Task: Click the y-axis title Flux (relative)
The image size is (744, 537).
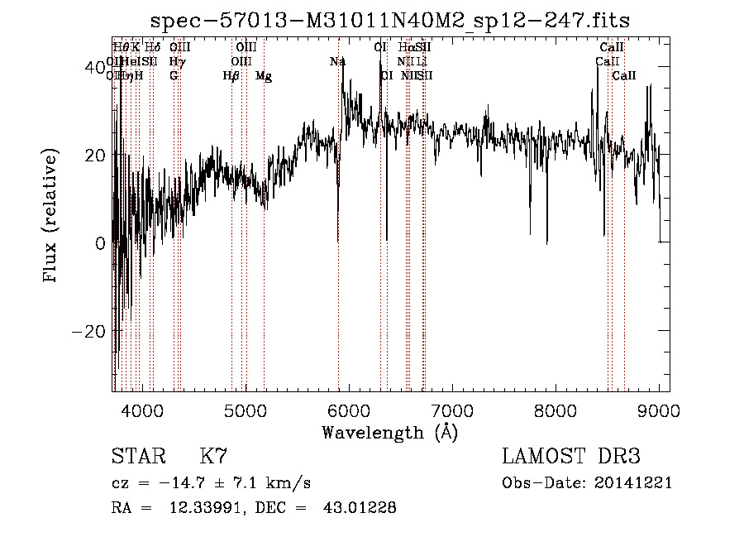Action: (51, 217)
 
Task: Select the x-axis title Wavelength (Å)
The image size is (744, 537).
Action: (389, 432)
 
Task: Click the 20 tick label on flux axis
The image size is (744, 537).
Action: (94, 155)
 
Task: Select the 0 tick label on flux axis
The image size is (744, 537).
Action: (99, 243)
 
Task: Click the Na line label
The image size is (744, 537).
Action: (337, 62)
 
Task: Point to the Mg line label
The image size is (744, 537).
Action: (264, 76)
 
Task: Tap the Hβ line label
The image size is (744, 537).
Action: (231, 76)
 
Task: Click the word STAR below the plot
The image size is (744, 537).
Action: (137, 457)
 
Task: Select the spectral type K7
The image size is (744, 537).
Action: (213, 457)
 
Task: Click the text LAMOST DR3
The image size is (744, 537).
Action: (571, 457)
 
